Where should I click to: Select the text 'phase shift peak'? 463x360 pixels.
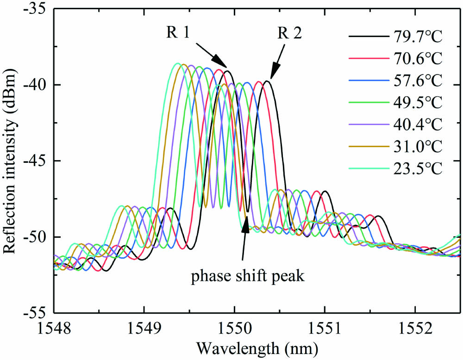pos(248,277)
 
